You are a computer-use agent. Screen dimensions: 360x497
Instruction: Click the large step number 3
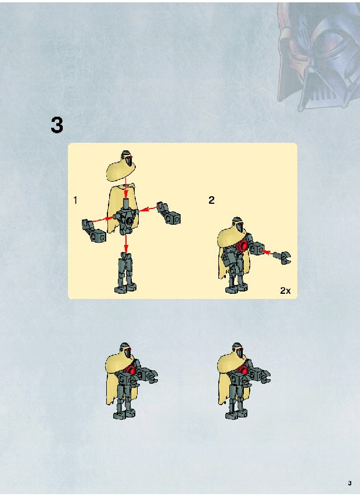(x=57, y=125)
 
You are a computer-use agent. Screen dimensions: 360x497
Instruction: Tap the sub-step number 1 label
(x=75, y=200)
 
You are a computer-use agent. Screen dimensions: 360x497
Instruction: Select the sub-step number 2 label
(x=211, y=200)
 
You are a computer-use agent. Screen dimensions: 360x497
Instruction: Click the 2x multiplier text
(x=285, y=290)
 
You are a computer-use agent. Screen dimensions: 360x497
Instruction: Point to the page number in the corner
(x=350, y=483)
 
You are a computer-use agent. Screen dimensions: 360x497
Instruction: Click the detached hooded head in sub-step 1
(x=123, y=165)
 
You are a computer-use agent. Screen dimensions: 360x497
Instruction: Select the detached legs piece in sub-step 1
(x=126, y=272)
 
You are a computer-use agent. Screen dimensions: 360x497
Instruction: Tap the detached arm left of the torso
(x=93, y=230)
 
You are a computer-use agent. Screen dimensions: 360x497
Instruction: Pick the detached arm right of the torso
(x=168, y=213)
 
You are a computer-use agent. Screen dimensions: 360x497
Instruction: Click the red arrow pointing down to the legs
(x=126, y=244)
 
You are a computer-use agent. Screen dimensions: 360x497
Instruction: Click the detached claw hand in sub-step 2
(x=282, y=257)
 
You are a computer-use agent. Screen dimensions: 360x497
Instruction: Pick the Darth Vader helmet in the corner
(x=318, y=56)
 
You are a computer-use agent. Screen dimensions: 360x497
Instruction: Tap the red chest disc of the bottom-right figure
(x=243, y=370)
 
